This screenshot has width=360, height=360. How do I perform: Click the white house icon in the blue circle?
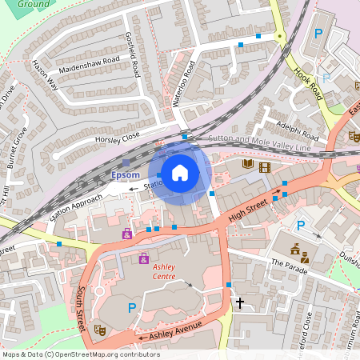180,172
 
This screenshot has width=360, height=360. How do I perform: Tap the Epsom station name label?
126,175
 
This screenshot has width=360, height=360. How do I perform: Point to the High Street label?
246,210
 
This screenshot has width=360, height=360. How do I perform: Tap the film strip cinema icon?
265,166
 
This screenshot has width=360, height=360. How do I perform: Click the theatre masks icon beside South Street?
100,329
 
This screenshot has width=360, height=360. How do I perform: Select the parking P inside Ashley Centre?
131,307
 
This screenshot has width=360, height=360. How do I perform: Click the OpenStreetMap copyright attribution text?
80,354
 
